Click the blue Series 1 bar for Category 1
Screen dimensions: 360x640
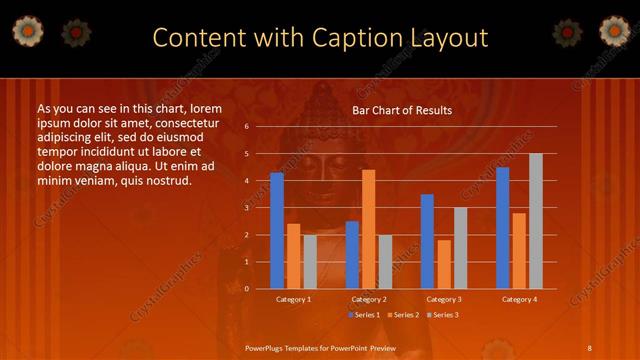coord(277,231)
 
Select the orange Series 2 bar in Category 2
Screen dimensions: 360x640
coord(368,229)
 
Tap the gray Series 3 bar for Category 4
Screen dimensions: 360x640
coord(536,221)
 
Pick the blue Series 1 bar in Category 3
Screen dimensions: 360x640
coord(427,241)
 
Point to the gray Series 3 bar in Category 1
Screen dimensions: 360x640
coord(310,262)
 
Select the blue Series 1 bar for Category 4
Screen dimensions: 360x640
coord(502,228)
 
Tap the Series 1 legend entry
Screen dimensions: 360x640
coord(363,315)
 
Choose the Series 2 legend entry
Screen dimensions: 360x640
coord(403,315)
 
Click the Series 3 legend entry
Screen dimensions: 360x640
coord(443,315)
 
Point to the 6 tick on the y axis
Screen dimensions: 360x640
coord(246,127)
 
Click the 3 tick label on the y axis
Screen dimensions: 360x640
coord(246,208)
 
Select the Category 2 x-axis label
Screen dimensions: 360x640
coord(369,299)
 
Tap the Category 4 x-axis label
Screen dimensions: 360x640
coord(519,299)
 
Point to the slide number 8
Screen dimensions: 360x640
coord(589,347)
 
